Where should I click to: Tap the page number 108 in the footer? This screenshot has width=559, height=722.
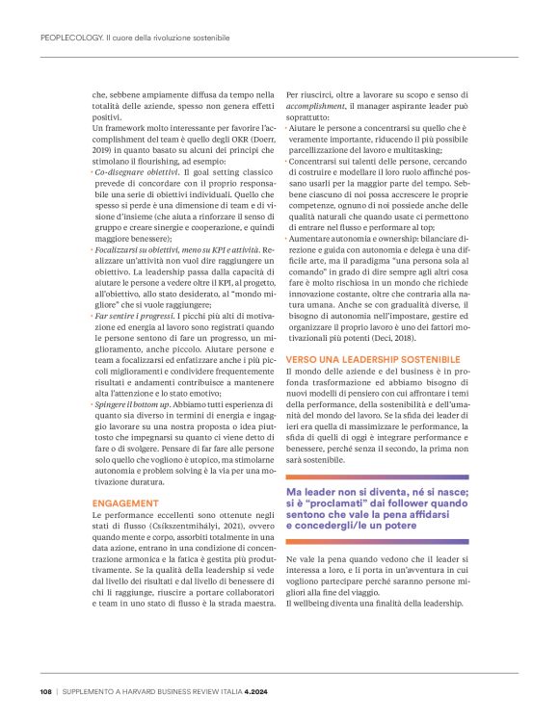(45, 691)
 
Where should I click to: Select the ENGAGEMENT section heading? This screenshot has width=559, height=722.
(124, 503)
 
